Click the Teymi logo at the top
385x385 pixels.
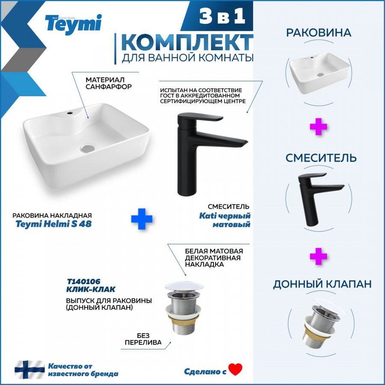pos(73,24)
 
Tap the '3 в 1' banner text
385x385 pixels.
pos(222,16)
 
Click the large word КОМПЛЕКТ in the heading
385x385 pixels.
pos(187,42)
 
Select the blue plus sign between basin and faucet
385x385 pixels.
pos(142,219)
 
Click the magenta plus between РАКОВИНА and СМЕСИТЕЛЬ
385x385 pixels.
pos(318,127)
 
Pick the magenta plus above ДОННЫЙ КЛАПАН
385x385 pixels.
pos(318,256)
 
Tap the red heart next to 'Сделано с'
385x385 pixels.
pos(235,369)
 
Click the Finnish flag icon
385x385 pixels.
pos(30,370)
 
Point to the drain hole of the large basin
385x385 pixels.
pos(88,148)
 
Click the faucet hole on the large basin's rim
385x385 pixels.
pos(70,113)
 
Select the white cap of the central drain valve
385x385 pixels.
pos(184,286)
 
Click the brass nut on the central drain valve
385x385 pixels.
pos(184,319)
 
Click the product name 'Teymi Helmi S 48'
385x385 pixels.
pos(53,224)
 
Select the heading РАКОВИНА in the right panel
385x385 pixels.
pos(319,33)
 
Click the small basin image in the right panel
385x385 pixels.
pos(319,73)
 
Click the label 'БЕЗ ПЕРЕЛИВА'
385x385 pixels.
pos(143,339)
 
